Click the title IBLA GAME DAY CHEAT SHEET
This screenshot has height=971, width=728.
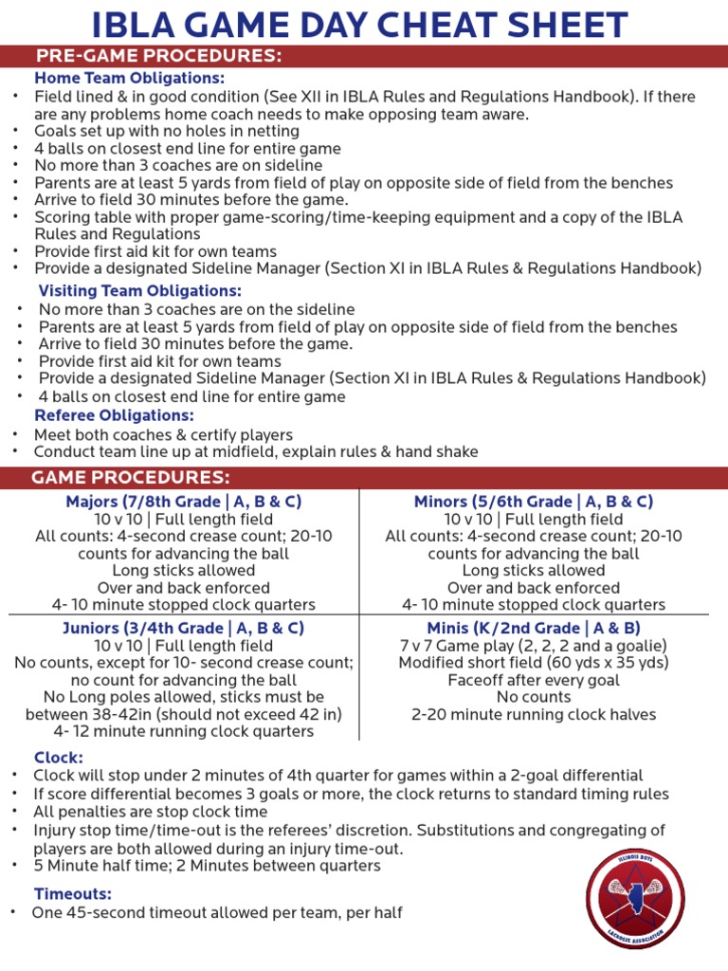tap(364, 23)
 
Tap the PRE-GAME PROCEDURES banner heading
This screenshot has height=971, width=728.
tap(158, 56)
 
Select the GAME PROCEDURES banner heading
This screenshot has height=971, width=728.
tap(131, 476)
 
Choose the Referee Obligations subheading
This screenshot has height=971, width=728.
tap(115, 415)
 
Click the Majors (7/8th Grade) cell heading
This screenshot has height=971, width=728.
tap(184, 502)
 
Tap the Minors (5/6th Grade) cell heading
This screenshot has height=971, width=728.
tap(534, 502)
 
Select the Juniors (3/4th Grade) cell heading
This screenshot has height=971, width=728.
tap(184, 628)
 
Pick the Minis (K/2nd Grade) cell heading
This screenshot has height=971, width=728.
tap(534, 628)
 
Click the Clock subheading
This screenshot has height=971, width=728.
tap(59, 758)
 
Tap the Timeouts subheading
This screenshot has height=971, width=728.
tap(73, 893)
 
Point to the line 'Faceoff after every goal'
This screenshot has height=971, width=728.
tap(534, 680)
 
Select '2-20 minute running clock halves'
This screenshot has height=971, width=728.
tap(534, 715)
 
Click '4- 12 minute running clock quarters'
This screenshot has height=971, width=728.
tap(184, 731)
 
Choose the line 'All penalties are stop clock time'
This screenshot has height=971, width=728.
tap(152, 812)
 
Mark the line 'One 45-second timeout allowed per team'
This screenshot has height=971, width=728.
tap(217, 912)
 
